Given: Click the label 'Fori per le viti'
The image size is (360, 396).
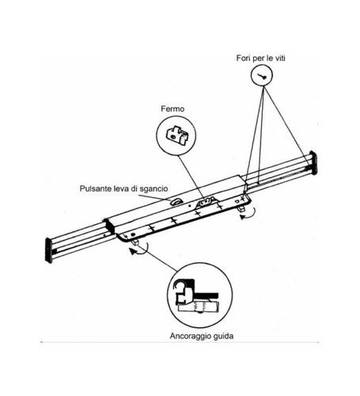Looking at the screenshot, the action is [260, 58].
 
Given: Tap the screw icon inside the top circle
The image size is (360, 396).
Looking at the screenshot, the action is [262, 76].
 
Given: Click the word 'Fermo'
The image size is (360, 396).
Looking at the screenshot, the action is [172, 109].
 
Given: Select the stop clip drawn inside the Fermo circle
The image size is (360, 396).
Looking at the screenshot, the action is [177, 135].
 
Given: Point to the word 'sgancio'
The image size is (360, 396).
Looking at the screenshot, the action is [153, 189].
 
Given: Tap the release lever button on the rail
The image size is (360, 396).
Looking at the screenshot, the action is [176, 202].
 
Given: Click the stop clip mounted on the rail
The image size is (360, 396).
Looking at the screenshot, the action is [207, 202].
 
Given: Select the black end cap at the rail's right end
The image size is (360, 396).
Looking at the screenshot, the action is [313, 162].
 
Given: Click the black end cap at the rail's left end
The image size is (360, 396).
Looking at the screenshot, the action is [49, 250].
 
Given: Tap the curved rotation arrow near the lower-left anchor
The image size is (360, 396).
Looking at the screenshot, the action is [139, 249].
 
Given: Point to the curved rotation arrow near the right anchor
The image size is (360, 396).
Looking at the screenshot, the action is [248, 213].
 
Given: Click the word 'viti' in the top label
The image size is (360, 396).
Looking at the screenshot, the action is [279, 58].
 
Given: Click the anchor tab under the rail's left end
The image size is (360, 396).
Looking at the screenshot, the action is [135, 242].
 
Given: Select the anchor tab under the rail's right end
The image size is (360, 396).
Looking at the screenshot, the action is [242, 208].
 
